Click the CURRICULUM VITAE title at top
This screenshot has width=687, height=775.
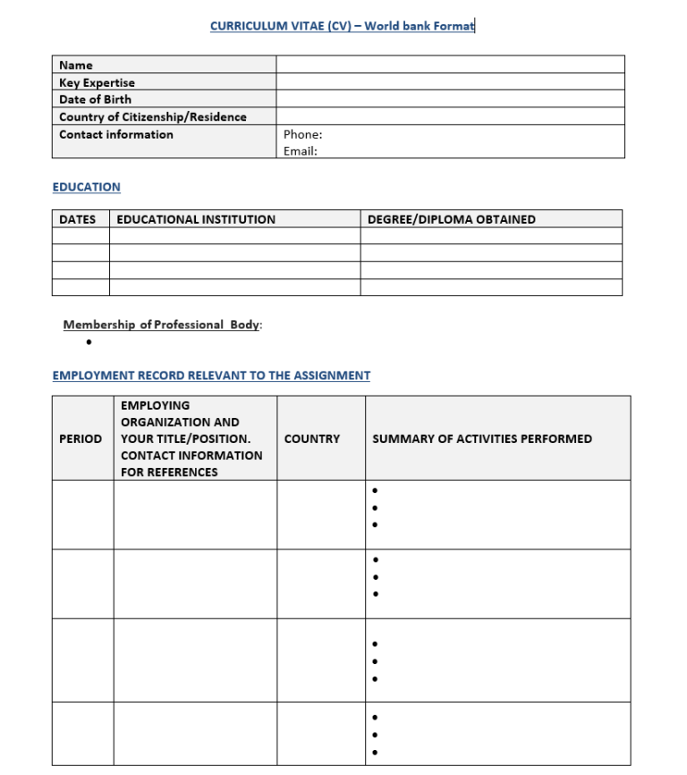tap(342, 26)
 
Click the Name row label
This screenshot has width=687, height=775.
tap(76, 65)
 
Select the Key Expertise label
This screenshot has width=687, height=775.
tap(97, 82)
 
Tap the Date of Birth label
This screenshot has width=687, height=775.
tap(95, 99)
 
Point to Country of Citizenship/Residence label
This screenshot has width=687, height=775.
tap(152, 117)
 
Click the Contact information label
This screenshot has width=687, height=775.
tap(116, 134)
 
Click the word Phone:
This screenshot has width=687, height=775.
tap(302, 134)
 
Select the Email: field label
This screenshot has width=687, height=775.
tap(300, 151)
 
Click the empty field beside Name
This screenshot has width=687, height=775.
tap(450, 64)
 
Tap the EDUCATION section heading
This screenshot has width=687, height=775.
tap(86, 187)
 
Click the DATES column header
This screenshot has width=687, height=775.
tap(77, 219)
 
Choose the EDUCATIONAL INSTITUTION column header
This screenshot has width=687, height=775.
tap(196, 219)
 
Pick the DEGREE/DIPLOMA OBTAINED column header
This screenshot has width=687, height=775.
tap(451, 219)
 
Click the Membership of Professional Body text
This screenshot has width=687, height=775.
tap(162, 325)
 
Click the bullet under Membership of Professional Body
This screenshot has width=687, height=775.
tap(89, 342)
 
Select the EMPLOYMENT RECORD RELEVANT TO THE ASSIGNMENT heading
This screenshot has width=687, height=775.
tap(211, 376)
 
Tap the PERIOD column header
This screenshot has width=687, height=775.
tap(81, 439)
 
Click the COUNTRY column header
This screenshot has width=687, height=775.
tap(311, 439)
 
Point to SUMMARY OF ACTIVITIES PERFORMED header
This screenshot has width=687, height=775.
tap(481, 439)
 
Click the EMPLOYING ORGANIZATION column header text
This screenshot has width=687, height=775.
tap(191, 439)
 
